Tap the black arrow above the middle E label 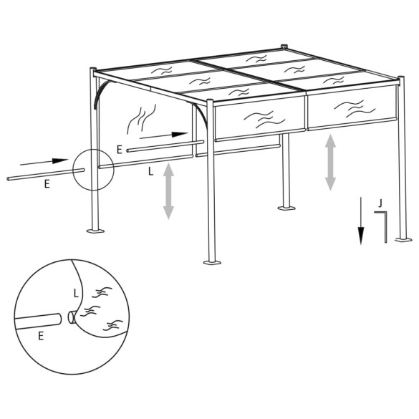165,133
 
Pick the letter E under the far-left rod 47,184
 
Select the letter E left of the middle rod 120,150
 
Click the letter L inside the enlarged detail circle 76,292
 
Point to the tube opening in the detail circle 72,316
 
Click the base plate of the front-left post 95,231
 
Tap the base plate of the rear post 286,209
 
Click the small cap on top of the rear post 285,47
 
